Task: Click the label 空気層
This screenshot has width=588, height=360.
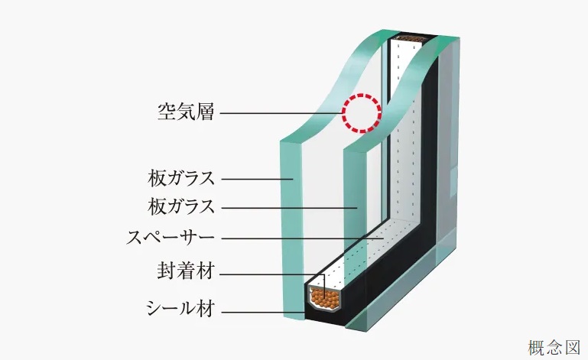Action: click(x=186, y=112)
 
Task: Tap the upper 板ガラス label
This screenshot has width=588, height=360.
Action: click(x=181, y=178)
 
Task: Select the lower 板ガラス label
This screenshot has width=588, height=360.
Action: click(x=181, y=206)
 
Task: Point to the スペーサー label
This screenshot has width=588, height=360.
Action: click(x=171, y=238)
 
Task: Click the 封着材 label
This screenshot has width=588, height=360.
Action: click(x=186, y=271)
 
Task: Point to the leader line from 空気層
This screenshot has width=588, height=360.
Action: click(x=281, y=113)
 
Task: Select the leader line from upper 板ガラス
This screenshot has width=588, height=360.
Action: click(x=257, y=179)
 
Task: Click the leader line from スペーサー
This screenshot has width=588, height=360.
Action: click(x=303, y=238)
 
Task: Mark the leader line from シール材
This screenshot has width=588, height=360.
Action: click(x=262, y=312)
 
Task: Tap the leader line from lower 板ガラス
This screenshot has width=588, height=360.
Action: click(x=289, y=208)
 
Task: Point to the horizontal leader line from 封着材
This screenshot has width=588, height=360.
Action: click(x=271, y=274)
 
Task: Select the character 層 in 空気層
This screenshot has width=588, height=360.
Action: click(x=205, y=112)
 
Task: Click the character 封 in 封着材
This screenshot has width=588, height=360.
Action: click(x=167, y=271)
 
